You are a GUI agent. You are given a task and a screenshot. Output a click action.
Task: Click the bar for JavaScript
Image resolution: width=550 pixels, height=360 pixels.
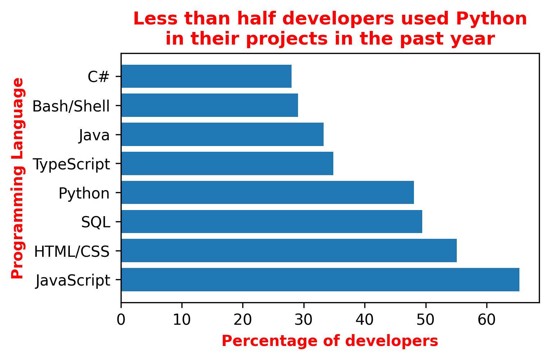[320, 279]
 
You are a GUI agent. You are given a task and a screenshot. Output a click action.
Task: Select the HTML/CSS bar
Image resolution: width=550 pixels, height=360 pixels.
[289, 251]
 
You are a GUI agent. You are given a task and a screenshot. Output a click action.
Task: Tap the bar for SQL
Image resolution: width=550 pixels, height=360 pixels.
[271, 222]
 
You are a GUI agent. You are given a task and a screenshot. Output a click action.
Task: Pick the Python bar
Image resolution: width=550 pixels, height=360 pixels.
[267, 192]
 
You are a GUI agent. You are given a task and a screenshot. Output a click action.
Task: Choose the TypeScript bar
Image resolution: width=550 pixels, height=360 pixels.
[227, 163]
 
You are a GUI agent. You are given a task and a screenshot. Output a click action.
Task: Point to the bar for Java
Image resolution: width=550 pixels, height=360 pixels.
[222, 134]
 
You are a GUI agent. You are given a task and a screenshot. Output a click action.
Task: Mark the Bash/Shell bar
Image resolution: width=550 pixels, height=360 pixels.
[209, 105]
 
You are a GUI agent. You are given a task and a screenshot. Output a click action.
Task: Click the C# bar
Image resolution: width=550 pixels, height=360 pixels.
[206, 76]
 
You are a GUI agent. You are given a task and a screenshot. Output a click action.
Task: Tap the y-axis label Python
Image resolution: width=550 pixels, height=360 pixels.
[84, 193]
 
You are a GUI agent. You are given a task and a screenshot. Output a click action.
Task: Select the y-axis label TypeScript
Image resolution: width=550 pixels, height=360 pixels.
[71, 164]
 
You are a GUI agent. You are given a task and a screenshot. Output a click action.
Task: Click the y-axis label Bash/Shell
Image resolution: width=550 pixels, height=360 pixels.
[71, 106]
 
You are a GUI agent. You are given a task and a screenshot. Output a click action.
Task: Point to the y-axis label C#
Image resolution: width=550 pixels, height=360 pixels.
[98, 77]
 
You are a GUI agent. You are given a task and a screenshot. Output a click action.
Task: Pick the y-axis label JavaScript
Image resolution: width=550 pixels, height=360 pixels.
[73, 281]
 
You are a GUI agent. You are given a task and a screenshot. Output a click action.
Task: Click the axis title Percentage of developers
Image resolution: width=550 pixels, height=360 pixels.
[330, 341]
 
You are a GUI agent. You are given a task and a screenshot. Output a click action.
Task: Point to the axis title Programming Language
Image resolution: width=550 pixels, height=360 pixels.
[17, 178]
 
